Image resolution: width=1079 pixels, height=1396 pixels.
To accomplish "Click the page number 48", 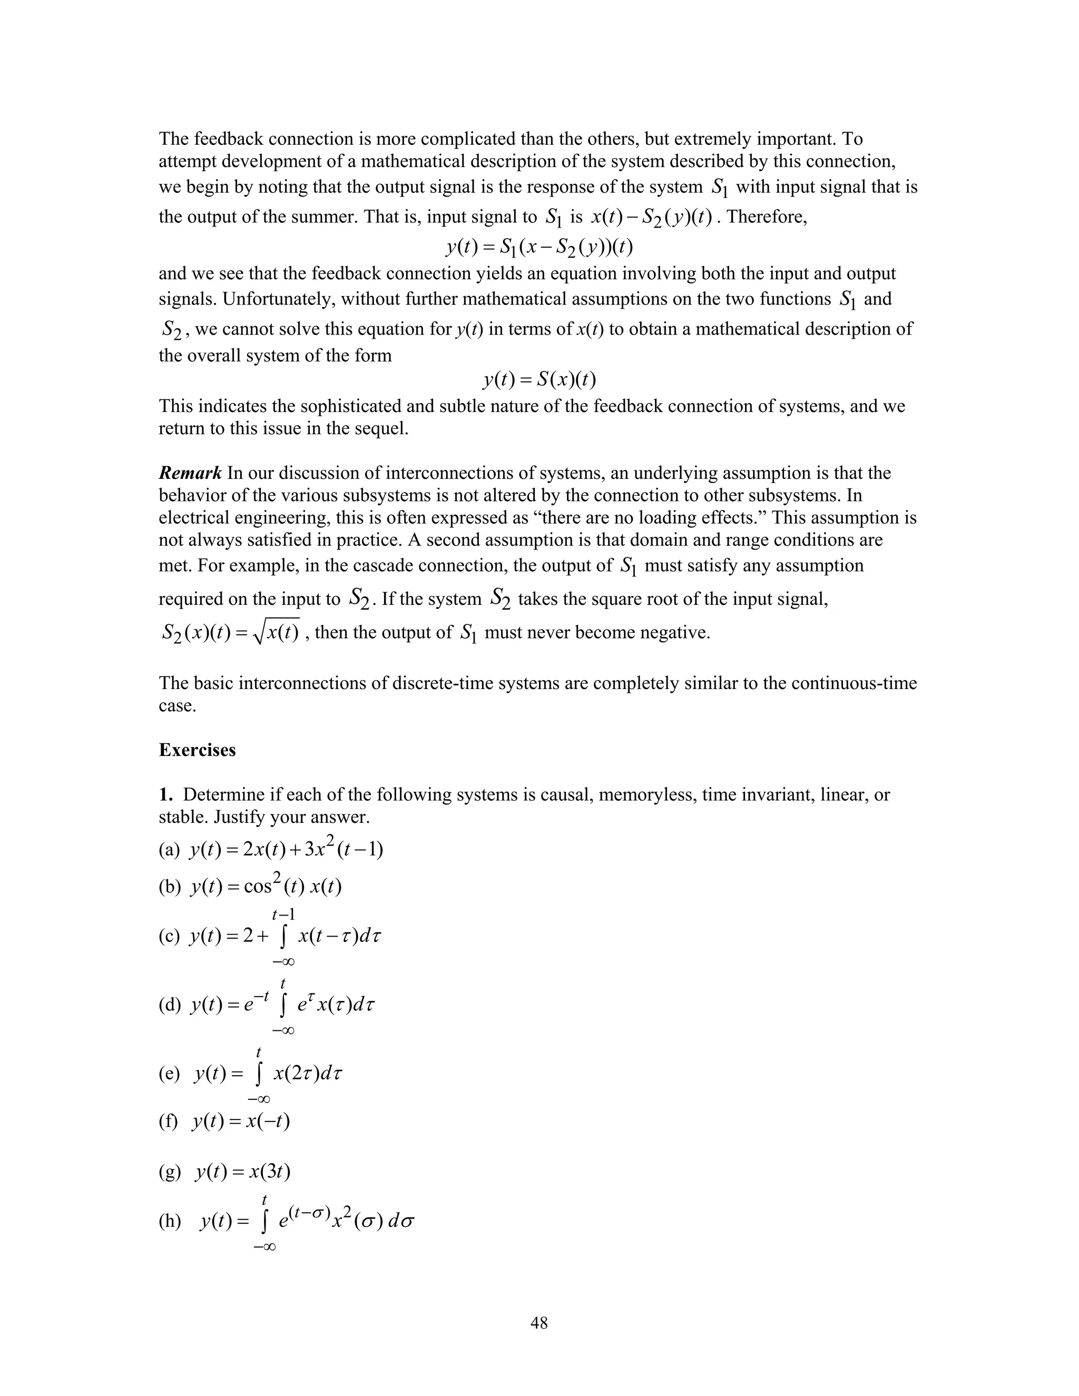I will click(539, 1322).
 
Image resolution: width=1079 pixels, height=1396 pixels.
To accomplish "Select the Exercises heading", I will click(197, 750).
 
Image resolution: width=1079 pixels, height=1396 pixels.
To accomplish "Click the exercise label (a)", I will click(170, 850).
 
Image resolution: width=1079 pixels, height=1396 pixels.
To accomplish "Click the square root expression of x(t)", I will click(276, 633).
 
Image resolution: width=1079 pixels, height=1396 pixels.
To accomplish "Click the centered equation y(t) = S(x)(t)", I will click(539, 380).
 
